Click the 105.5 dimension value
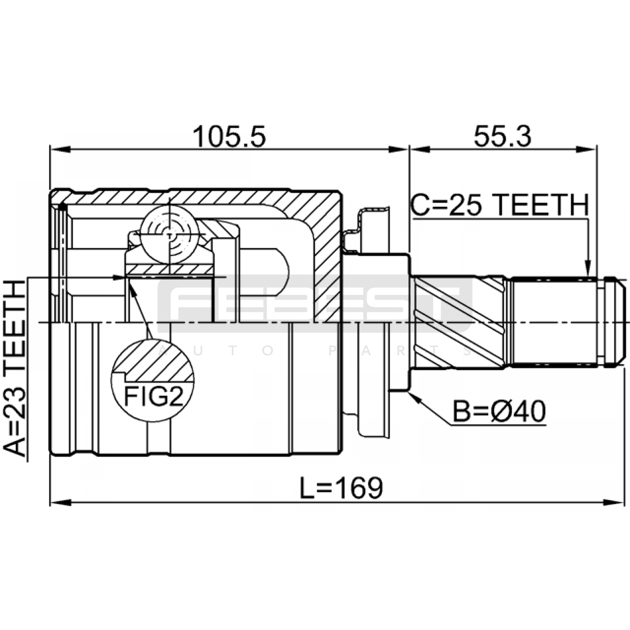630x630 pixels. pyautogui.click(x=230, y=137)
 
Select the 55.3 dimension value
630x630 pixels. pyautogui.click(x=502, y=137)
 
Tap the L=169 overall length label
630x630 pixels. pyautogui.click(x=341, y=488)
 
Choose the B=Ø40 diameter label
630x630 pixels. pyautogui.click(x=499, y=411)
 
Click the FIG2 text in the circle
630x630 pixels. pyautogui.click(x=154, y=397)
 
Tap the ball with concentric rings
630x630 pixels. pyautogui.click(x=170, y=235)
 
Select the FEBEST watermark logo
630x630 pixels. pyautogui.click(x=315, y=303)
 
